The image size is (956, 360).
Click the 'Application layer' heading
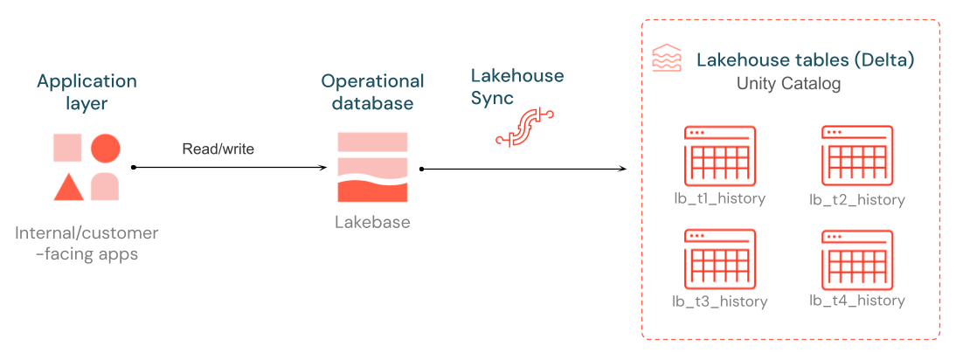pos(87,92)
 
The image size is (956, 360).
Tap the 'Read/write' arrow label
pos(218,149)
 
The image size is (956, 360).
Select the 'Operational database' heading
pos(372,92)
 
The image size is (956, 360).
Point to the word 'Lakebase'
pos(372,222)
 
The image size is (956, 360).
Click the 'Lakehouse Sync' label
pos(517,87)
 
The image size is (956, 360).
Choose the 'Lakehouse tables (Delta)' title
pos(805,60)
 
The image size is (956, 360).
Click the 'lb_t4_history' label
pos(857,301)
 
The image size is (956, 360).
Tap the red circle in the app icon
pos(105,149)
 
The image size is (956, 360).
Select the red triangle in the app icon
pos(68,187)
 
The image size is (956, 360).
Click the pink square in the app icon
pos(67,149)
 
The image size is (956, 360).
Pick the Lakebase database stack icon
pos(372,167)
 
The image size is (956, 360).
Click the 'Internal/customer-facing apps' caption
pos(87,243)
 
